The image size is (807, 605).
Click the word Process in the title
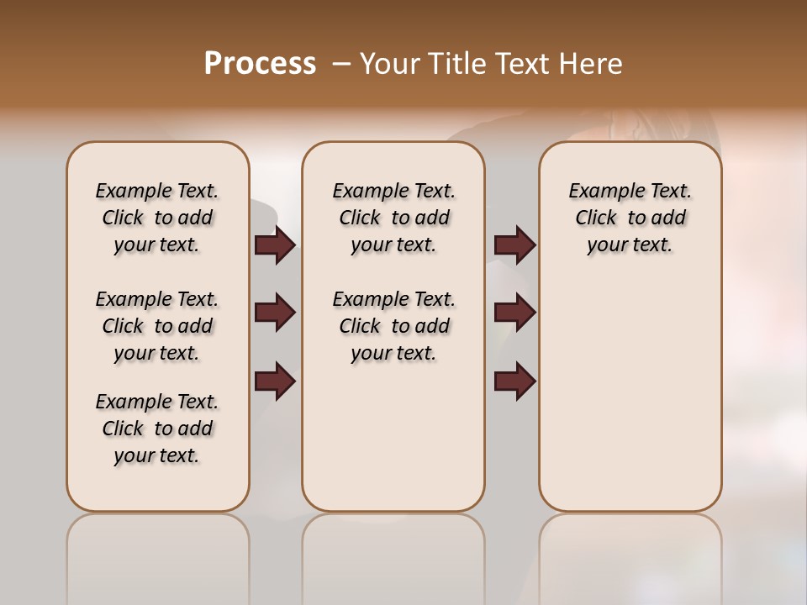[260, 64]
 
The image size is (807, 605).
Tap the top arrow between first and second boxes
[275, 245]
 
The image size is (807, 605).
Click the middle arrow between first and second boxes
[275, 313]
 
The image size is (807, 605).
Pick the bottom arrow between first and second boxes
[275, 381]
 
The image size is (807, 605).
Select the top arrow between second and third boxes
[514, 245]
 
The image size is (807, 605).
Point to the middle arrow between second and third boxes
[514, 313]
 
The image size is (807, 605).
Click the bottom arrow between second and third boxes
[514, 381]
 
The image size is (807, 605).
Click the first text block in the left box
[157, 218]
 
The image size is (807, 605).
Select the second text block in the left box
[157, 326]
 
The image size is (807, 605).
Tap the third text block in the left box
[157, 429]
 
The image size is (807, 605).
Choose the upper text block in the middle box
[393, 218]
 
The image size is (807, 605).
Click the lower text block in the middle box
[393, 326]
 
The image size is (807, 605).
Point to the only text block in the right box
[630, 218]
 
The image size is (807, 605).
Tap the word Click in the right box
[596, 218]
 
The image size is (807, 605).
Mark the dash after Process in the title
[341, 64]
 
